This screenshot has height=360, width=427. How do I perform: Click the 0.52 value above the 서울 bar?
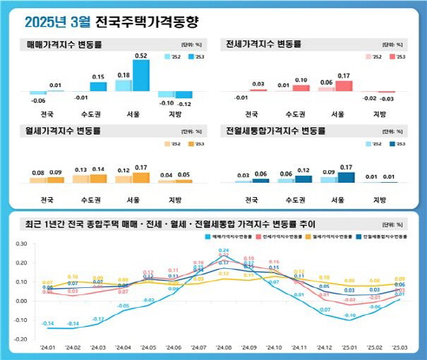pyautogui.click(x=142, y=56)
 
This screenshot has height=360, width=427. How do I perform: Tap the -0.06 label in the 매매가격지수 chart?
pyautogui.click(x=37, y=100)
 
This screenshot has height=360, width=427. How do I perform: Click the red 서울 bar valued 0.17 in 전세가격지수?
pyautogui.click(x=344, y=85)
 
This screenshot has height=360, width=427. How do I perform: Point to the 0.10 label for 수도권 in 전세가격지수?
pyautogui.click(x=302, y=81)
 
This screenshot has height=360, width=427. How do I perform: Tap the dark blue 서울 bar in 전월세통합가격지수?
pyautogui.click(x=346, y=177)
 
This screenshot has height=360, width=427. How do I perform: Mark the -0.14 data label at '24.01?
pyautogui.click(x=47, y=324)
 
